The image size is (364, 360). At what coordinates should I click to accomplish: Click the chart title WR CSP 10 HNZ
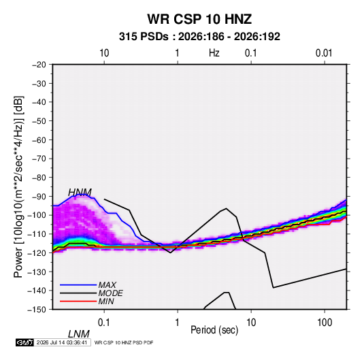click(x=199, y=19)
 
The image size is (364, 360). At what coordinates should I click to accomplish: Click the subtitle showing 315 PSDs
click(x=199, y=37)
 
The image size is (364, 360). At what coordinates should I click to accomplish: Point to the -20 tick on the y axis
click(x=39, y=65)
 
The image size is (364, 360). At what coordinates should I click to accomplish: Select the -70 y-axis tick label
click(x=39, y=159)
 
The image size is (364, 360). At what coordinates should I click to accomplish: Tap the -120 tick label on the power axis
click(x=37, y=252)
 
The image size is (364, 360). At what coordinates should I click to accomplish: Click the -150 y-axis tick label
click(x=37, y=310)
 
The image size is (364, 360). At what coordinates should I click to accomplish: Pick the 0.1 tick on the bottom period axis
click(x=103, y=323)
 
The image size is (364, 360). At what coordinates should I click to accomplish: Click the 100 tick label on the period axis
click(x=325, y=323)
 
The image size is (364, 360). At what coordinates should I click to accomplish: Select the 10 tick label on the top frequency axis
click(x=104, y=53)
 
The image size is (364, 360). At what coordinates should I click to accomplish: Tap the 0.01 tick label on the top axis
click(x=324, y=53)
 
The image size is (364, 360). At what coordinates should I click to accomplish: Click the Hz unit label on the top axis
click(x=214, y=53)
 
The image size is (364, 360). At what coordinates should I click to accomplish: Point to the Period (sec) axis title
click(x=214, y=330)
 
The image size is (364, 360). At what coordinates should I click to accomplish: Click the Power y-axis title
click(x=18, y=186)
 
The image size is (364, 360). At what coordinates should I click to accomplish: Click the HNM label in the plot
click(x=80, y=193)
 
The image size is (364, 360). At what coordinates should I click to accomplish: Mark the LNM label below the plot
click(x=79, y=334)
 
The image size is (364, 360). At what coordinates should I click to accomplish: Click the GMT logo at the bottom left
click(x=25, y=342)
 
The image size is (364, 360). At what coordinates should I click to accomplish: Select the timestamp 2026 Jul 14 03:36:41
click(x=62, y=342)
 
